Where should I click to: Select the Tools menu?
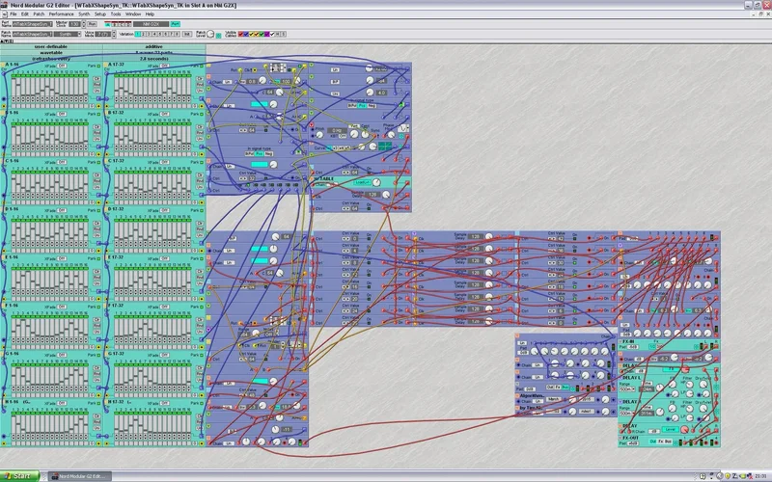(x=115, y=14)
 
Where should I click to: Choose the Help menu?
(x=150, y=14)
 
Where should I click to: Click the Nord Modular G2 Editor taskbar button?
(x=81, y=476)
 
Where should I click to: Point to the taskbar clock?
(x=758, y=476)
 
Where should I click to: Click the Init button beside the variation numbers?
(x=187, y=34)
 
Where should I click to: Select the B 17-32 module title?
(x=118, y=206)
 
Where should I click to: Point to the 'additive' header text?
(x=154, y=45)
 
